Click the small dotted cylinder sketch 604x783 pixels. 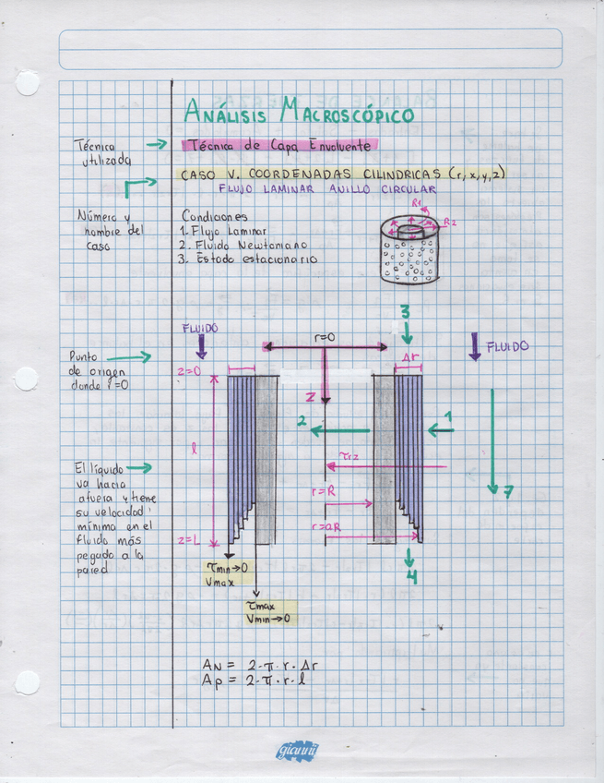pos(410,250)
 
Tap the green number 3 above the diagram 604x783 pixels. pos(405,312)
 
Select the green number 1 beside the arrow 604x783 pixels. pos(449,417)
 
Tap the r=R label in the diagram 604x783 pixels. pos(324,493)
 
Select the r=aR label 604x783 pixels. pos(326,526)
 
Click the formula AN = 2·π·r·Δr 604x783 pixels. pos(261,665)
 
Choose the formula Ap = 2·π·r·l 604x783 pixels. pos(259,681)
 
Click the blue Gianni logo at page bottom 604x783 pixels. pos(297,751)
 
